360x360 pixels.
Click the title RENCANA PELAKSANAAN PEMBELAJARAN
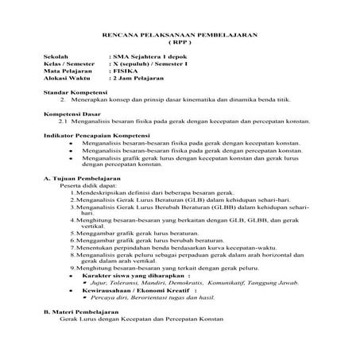pos(180,37)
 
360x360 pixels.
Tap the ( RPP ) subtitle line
pos(180,45)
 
